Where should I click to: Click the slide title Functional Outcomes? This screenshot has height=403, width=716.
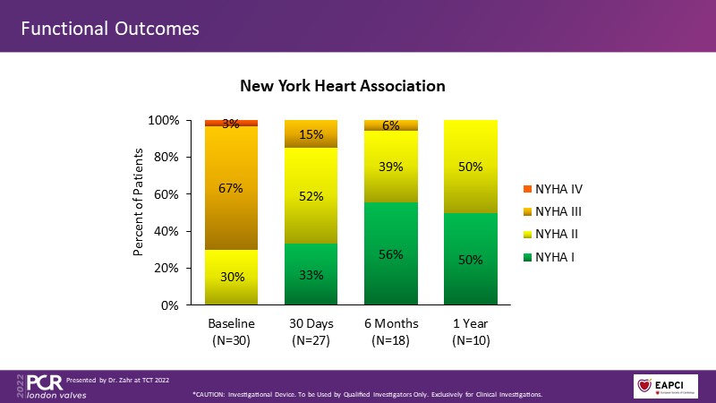110,28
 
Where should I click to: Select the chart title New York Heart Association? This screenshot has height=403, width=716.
343,87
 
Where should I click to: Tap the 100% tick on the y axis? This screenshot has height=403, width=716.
166,120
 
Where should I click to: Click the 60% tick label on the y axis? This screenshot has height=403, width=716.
168,194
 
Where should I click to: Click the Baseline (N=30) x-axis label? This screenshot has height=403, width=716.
232,330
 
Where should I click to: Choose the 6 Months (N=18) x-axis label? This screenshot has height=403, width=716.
390,330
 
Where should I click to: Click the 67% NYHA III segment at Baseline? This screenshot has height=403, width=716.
232,187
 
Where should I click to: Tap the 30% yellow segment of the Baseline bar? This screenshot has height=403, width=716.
232,277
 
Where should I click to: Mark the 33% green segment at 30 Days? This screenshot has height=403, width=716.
311,274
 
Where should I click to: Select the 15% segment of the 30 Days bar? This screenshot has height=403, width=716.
311,133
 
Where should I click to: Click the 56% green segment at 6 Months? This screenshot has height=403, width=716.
390,253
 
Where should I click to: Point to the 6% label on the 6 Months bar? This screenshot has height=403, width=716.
390,126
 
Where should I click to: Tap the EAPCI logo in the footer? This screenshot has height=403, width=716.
665,386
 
